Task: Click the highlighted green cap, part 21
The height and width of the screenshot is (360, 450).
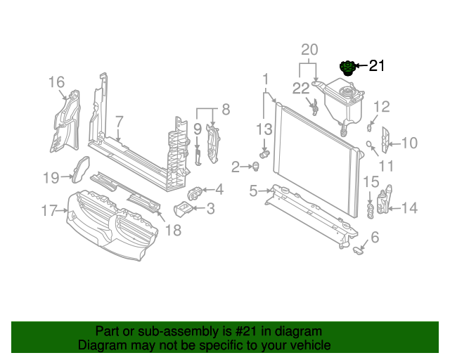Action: click(x=347, y=68)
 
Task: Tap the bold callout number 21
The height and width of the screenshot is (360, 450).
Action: click(x=377, y=65)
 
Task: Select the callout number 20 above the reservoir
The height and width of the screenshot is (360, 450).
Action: click(x=309, y=50)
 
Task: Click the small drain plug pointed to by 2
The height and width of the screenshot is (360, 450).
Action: click(x=255, y=166)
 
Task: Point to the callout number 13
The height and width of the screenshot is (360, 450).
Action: click(x=264, y=129)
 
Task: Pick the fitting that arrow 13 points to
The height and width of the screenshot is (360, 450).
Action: click(x=264, y=154)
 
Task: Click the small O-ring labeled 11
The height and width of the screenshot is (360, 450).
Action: click(x=369, y=144)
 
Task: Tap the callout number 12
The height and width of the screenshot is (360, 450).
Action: click(x=382, y=107)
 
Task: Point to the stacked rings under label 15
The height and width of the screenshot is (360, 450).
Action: click(x=371, y=212)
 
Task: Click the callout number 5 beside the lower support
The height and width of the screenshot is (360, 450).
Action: click(x=253, y=191)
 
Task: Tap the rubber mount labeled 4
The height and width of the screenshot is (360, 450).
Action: click(x=195, y=193)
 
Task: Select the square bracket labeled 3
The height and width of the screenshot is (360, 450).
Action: click(x=183, y=210)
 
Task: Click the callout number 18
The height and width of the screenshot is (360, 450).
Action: click(x=174, y=230)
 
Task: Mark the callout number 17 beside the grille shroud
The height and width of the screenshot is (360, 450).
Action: click(x=49, y=210)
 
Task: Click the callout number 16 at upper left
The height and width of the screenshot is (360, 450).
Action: click(x=56, y=82)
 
